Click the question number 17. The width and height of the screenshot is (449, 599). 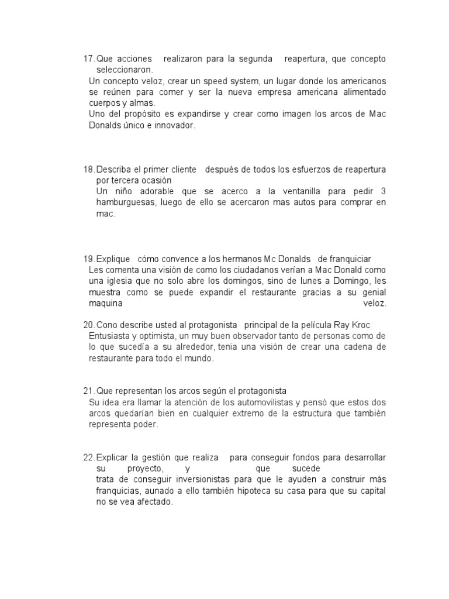pos(89,59)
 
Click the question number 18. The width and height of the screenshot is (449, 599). pos(89,170)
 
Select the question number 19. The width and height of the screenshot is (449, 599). pos(89,259)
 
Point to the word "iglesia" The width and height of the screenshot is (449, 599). pos(119,281)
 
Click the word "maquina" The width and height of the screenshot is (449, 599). pos(106,304)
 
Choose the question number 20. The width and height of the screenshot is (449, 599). pos(89,325)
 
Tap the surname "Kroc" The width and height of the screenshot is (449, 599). pos(358,325)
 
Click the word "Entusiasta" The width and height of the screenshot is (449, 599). pos(110,336)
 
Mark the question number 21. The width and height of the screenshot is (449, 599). pos(89,391)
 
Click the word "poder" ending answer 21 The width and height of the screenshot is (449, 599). pos(146,425)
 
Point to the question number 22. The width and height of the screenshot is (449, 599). pos(89,457)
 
